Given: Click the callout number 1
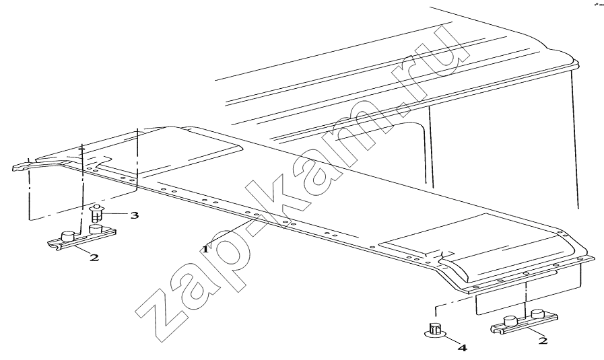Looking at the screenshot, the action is point(205,249).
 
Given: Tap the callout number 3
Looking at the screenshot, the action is point(134,215).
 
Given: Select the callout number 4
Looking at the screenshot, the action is point(462,348).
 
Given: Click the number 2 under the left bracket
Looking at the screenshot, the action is point(94,257).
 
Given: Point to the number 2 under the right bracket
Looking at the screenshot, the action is point(543,340).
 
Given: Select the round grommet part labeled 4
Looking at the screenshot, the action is point(436,330).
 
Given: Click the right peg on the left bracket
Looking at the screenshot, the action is point(95,228).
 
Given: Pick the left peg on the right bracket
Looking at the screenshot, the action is point(510,321).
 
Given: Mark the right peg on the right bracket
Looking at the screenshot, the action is point(537,314).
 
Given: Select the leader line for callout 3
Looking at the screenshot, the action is point(115,214).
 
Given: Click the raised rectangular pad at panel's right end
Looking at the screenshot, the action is point(474,246).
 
